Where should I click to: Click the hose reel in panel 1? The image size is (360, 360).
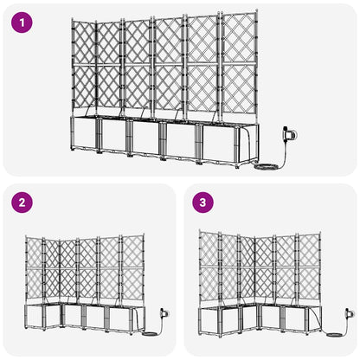(x=289, y=135)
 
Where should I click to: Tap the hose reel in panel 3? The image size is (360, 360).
(x=348, y=312)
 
